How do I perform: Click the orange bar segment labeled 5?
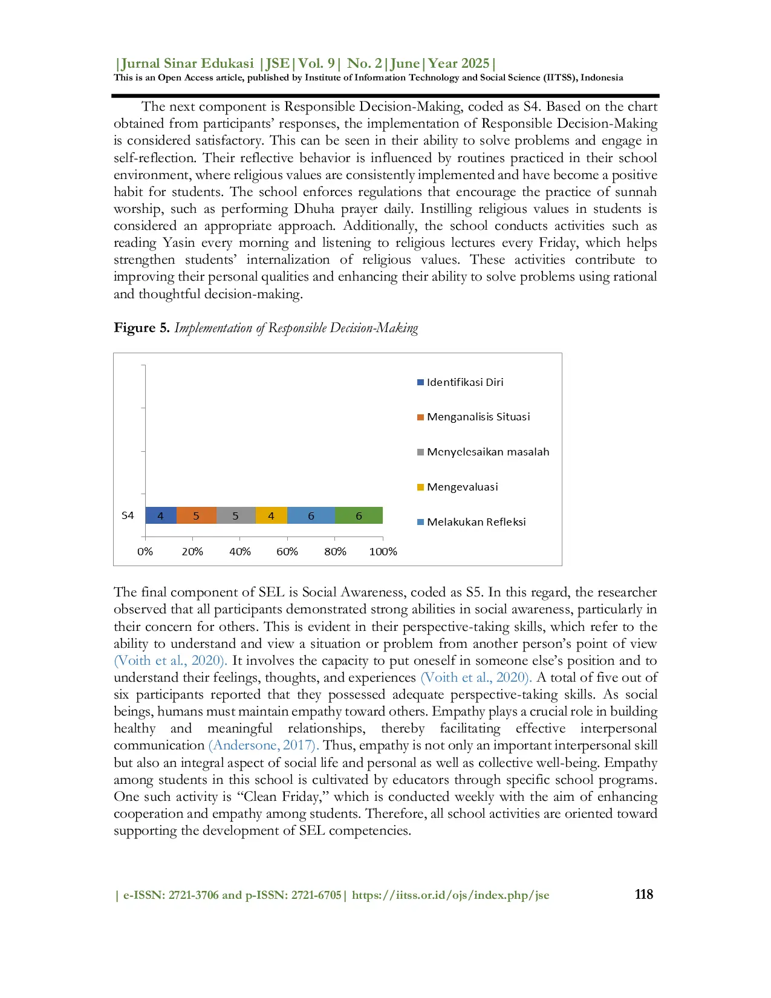coord(196,515)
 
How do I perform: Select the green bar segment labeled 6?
coord(359,515)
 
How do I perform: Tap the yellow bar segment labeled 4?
coord(271,515)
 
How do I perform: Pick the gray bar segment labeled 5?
coord(236,515)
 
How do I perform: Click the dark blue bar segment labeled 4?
coord(161,515)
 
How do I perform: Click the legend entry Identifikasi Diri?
coord(464,382)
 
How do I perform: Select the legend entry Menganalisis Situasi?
coord(478,417)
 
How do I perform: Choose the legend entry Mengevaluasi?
coord(462,487)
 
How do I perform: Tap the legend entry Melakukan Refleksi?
coord(476,522)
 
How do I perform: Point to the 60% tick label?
coord(287,552)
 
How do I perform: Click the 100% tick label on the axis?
coord(383,552)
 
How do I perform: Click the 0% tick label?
coord(145,552)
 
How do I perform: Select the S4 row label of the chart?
coord(128,515)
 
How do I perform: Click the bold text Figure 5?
coord(142,328)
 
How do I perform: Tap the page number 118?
coord(643,895)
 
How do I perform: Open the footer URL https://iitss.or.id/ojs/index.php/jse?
coord(451,895)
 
